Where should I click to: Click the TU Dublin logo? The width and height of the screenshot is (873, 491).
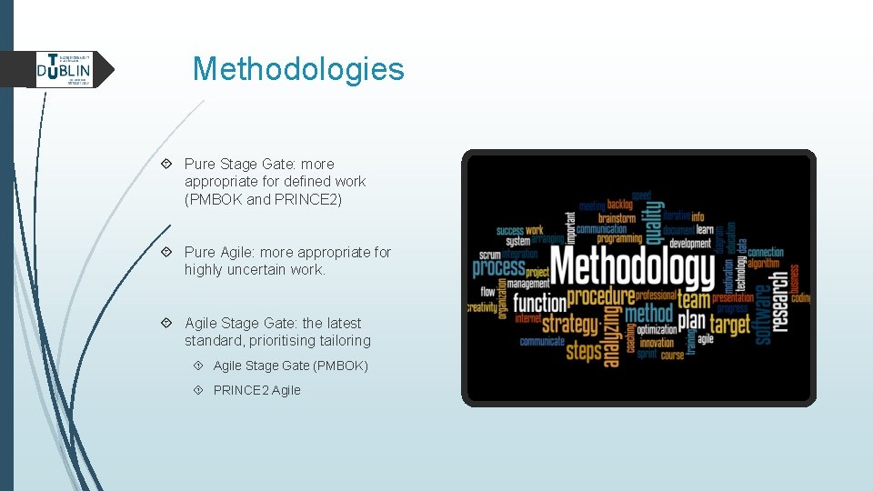coord(65,69)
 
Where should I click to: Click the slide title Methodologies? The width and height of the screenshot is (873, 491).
coord(298,68)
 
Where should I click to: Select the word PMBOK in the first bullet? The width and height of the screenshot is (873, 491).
coord(216,199)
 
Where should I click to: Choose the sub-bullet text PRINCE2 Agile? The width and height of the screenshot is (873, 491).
coord(256,390)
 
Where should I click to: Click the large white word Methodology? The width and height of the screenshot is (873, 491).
coord(633,269)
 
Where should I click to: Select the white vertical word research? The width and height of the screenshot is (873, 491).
coord(781,312)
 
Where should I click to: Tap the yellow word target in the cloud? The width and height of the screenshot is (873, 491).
coord(730,325)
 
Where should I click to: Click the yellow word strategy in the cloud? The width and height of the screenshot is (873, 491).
coord(571,325)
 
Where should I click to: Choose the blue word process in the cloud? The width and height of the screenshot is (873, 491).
coord(498,268)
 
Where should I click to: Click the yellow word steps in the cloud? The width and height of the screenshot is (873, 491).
coord(583,350)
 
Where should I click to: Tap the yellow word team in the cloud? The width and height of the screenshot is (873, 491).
coord(693,299)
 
